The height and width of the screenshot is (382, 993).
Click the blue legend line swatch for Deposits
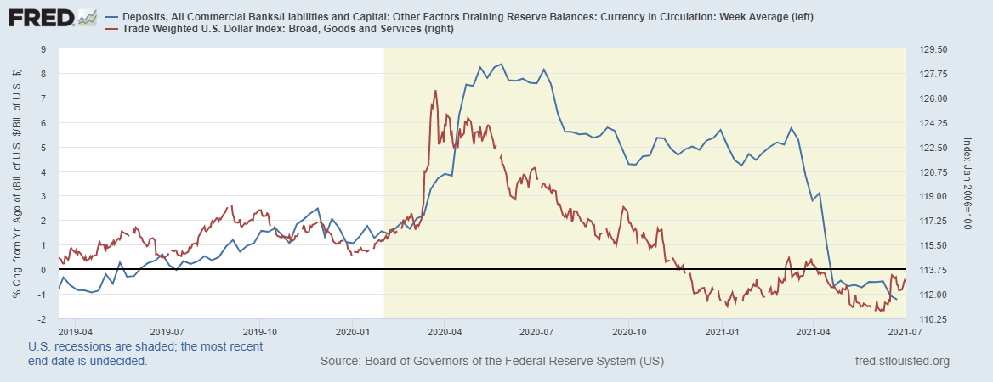point(111,16)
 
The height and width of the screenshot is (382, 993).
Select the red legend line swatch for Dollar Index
point(111,30)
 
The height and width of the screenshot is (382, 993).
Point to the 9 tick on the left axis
point(45,49)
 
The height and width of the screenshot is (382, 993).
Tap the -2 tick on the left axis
point(43,319)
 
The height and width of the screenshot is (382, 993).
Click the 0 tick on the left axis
point(45,270)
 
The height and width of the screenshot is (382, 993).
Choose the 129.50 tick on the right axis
point(933,49)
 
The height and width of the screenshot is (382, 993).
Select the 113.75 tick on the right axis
point(933,270)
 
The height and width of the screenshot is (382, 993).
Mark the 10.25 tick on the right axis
point(933,319)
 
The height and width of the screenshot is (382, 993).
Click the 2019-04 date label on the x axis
point(75,330)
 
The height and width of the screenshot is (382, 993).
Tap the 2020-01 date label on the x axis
point(352,330)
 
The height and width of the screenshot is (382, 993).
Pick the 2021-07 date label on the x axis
point(906,330)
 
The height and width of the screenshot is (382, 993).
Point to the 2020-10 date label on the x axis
point(629,330)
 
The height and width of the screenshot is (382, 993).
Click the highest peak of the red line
point(435,91)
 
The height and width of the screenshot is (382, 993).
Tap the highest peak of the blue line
point(501,65)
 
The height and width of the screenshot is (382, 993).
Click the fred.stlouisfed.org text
point(901,362)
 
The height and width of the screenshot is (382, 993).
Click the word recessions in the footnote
point(81,346)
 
